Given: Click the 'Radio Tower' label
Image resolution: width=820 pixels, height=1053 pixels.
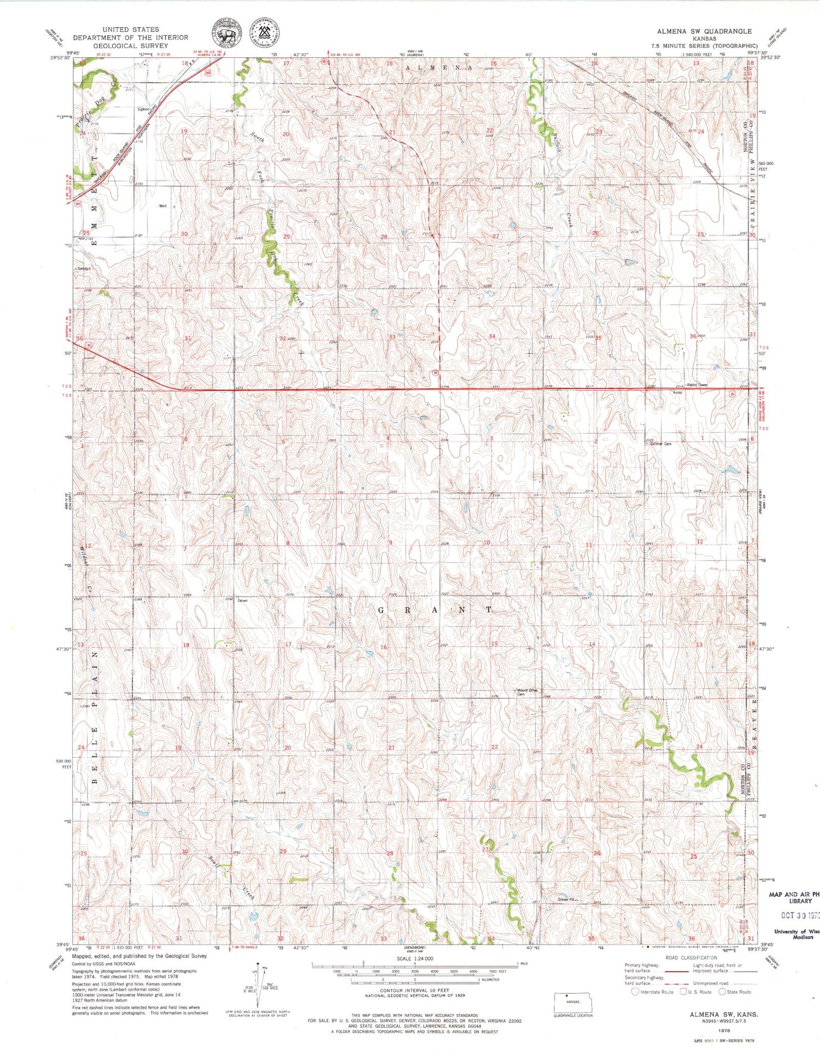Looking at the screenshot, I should [x=697, y=385].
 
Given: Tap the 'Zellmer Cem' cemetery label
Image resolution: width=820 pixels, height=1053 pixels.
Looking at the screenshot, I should [x=660, y=444].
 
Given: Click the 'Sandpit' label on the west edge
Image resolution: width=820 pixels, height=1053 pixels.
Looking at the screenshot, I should [x=83, y=269].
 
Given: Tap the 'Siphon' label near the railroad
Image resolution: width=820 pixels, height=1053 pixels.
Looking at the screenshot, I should [x=143, y=109].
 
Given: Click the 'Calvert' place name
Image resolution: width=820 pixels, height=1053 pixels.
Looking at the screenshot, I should [x=242, y=600].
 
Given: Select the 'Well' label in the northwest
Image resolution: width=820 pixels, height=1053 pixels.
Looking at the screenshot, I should [x=162, y=206].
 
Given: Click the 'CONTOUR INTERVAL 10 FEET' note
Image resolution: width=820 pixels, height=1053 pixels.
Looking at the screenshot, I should [x=415, y=990].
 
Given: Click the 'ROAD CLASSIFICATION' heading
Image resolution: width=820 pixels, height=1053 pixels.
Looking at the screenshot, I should [x=691, y=958].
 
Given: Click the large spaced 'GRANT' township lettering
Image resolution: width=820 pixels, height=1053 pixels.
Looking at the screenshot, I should [x=435, y=609].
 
